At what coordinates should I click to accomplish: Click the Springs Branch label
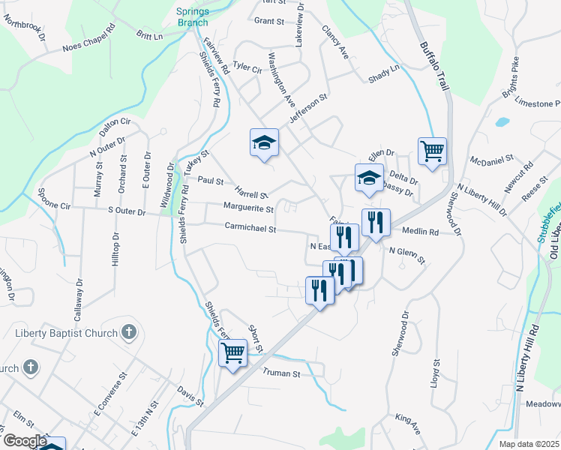click(193, 16)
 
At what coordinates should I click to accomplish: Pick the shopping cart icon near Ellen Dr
click(432, 150)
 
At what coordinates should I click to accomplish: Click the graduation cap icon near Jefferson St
click(264, 142)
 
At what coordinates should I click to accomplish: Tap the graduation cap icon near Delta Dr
click(369, 178)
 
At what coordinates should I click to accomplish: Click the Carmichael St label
click(251, 228)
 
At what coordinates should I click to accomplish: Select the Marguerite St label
click(248, 208)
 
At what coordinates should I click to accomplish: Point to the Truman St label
click(280, 373)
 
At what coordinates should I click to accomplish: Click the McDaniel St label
click(490, 160)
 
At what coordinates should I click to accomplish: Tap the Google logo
click(25, 441)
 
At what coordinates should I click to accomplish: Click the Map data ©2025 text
click(529, 444)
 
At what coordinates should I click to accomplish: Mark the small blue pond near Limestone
click(502, 121)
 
